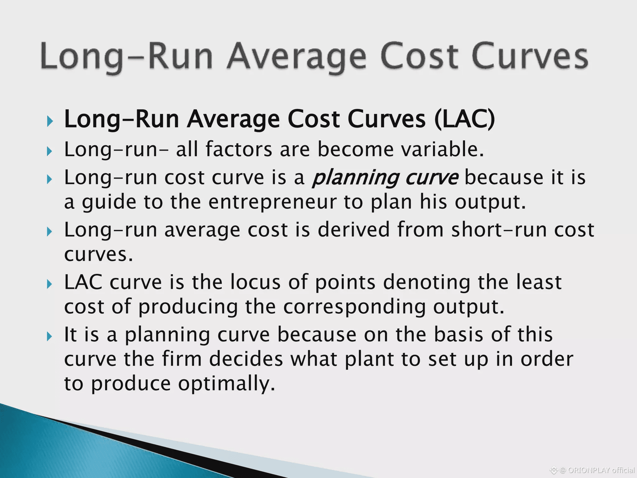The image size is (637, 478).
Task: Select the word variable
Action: [x=443, y=149]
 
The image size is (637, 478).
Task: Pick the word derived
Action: [x=354, y=230]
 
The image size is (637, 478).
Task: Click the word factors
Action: [x=239, y=149]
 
